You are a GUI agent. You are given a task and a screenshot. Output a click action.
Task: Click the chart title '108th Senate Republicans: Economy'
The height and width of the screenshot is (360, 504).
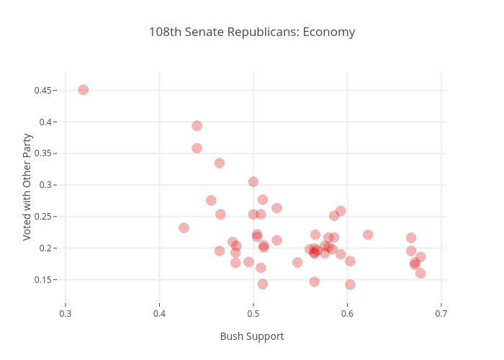coord(252,32)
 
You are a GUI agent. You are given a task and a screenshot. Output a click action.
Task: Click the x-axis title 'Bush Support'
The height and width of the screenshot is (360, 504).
coord(252,336)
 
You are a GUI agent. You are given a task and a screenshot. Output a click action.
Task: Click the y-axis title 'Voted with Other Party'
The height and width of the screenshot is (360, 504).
coord(27,186)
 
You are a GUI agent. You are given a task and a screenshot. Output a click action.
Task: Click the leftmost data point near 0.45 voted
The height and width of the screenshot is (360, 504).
coord(84,90)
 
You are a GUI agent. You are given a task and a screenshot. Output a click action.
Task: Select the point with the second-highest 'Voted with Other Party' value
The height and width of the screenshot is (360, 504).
coord(197,126)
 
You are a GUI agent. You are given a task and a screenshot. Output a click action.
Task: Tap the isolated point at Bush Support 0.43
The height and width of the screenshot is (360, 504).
coord(184,228)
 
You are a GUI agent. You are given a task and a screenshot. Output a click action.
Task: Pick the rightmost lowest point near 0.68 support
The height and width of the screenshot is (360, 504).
coord(420,274)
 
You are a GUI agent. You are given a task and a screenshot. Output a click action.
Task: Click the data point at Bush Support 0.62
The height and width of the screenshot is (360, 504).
coord(368,235)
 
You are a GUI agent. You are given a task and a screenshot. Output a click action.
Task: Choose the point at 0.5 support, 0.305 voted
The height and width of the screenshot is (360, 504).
coord(253,182)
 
